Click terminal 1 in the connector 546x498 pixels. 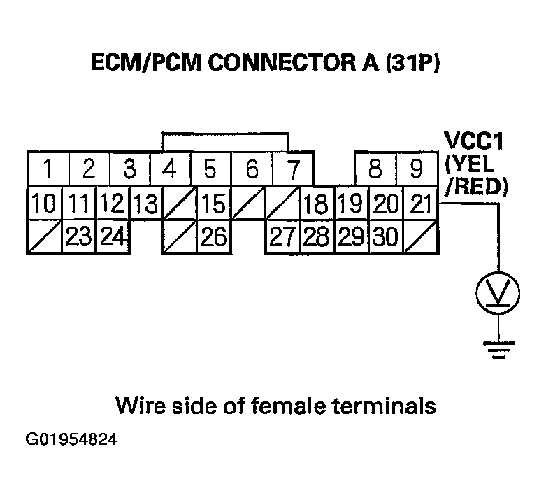[x=46, y=169]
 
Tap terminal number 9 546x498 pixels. [x=417, y=169]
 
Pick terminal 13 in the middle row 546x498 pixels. [x=146, y=204]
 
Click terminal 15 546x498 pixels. [x=213, y=204]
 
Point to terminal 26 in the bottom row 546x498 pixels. [x=213, y=238]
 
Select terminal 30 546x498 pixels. [x=385, y=238]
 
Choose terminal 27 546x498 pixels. [x=281, y=238]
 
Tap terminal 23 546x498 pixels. [x=79, y=238]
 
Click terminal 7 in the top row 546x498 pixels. [x=294, y=169]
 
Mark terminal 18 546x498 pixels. [x=317, y=204]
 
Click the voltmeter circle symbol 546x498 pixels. [x=497, y=292]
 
